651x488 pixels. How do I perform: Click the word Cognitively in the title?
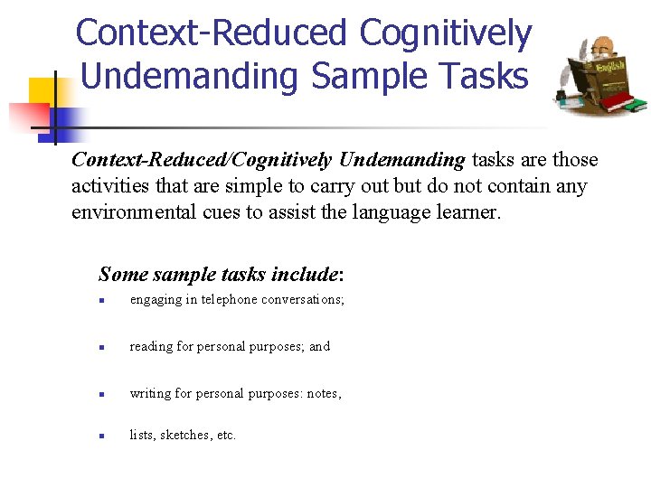point(445,34)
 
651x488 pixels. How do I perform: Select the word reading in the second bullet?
point(150,346)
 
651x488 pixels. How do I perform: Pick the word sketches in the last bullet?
point(185,435)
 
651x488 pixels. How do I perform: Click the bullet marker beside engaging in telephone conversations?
point(104,300)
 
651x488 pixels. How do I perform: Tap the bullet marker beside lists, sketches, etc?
point(104,436)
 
